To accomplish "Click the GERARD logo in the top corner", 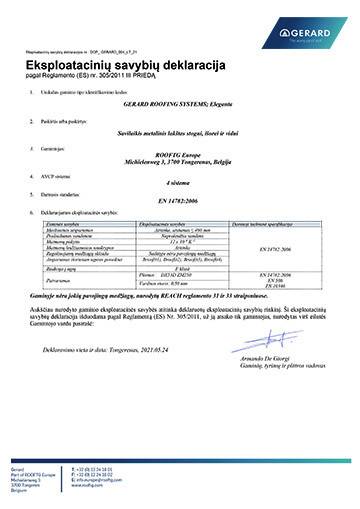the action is coord(318,35).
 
